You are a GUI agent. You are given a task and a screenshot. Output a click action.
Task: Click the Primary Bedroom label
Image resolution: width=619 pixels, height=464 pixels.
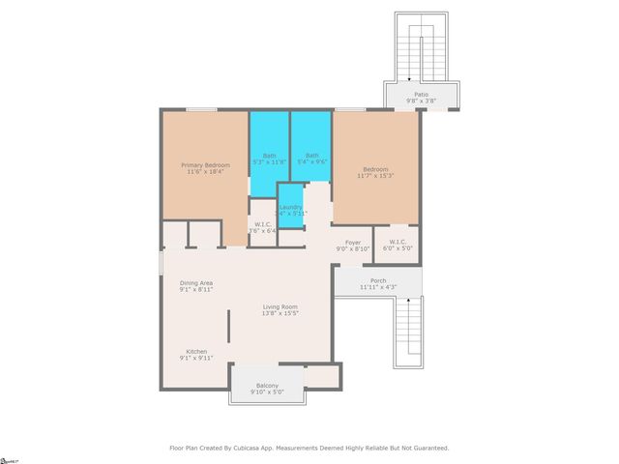206,165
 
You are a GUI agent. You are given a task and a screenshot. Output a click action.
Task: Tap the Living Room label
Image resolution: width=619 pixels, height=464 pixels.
280,305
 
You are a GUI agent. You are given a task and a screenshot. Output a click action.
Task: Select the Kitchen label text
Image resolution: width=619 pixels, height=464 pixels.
197,351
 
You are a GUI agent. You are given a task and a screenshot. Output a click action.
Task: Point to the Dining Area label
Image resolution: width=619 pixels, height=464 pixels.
196,282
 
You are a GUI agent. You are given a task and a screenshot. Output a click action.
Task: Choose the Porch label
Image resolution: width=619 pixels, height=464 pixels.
378,280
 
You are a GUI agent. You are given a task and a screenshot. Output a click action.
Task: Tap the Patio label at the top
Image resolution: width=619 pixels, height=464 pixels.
421,94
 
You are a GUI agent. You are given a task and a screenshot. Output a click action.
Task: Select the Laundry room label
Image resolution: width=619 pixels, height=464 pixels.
291,207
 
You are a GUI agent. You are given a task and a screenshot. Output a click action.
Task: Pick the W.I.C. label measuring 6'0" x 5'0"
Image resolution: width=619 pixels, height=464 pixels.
398,242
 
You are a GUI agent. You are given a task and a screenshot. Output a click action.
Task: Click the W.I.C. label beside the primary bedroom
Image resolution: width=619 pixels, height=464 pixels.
263,225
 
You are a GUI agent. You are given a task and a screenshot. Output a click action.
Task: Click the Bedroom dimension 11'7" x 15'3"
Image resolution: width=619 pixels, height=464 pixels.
376,174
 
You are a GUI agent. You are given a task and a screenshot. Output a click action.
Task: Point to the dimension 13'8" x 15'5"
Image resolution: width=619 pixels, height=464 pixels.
280,313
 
